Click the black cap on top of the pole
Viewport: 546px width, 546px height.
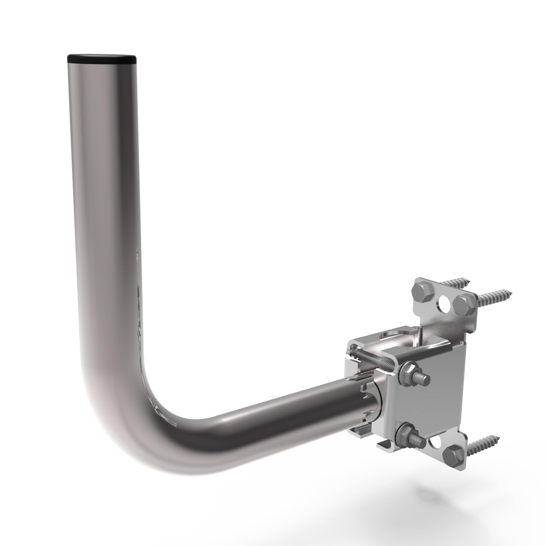(102, 58)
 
